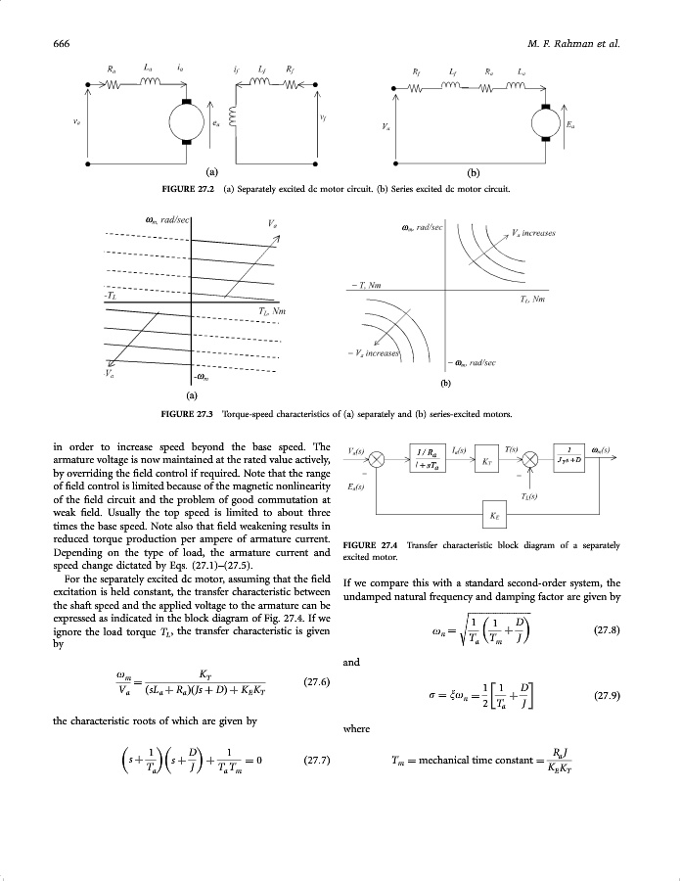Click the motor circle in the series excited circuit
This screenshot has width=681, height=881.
(543, 122)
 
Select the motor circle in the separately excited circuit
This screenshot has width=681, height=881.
(184, 122)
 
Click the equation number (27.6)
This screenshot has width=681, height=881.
(317, 681)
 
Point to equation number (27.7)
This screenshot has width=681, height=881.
(317, 759)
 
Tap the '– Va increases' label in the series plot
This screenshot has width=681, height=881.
(383, 352)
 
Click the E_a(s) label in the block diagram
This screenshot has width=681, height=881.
(356, 487)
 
